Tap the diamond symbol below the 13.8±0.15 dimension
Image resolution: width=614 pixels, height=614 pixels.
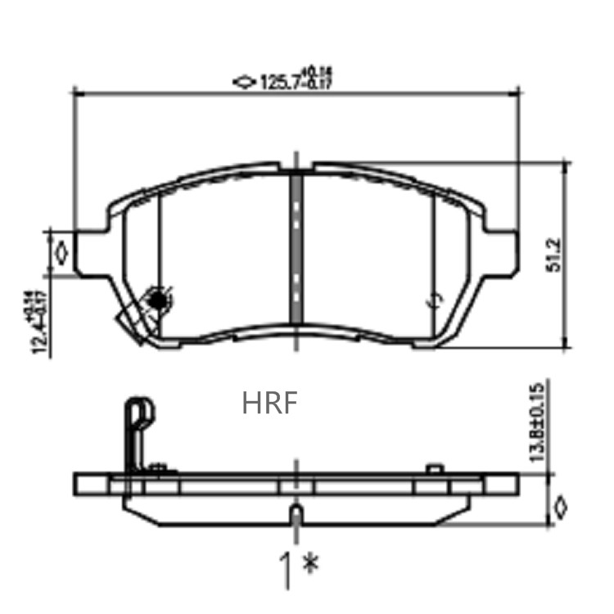click(x=560, y=507)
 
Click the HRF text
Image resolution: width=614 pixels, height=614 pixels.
click(x=269, y=403)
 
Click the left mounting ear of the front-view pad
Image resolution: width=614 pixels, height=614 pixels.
click(x=90, y=254)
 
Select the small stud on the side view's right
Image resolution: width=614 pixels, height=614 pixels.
click(x=436, y=468)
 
